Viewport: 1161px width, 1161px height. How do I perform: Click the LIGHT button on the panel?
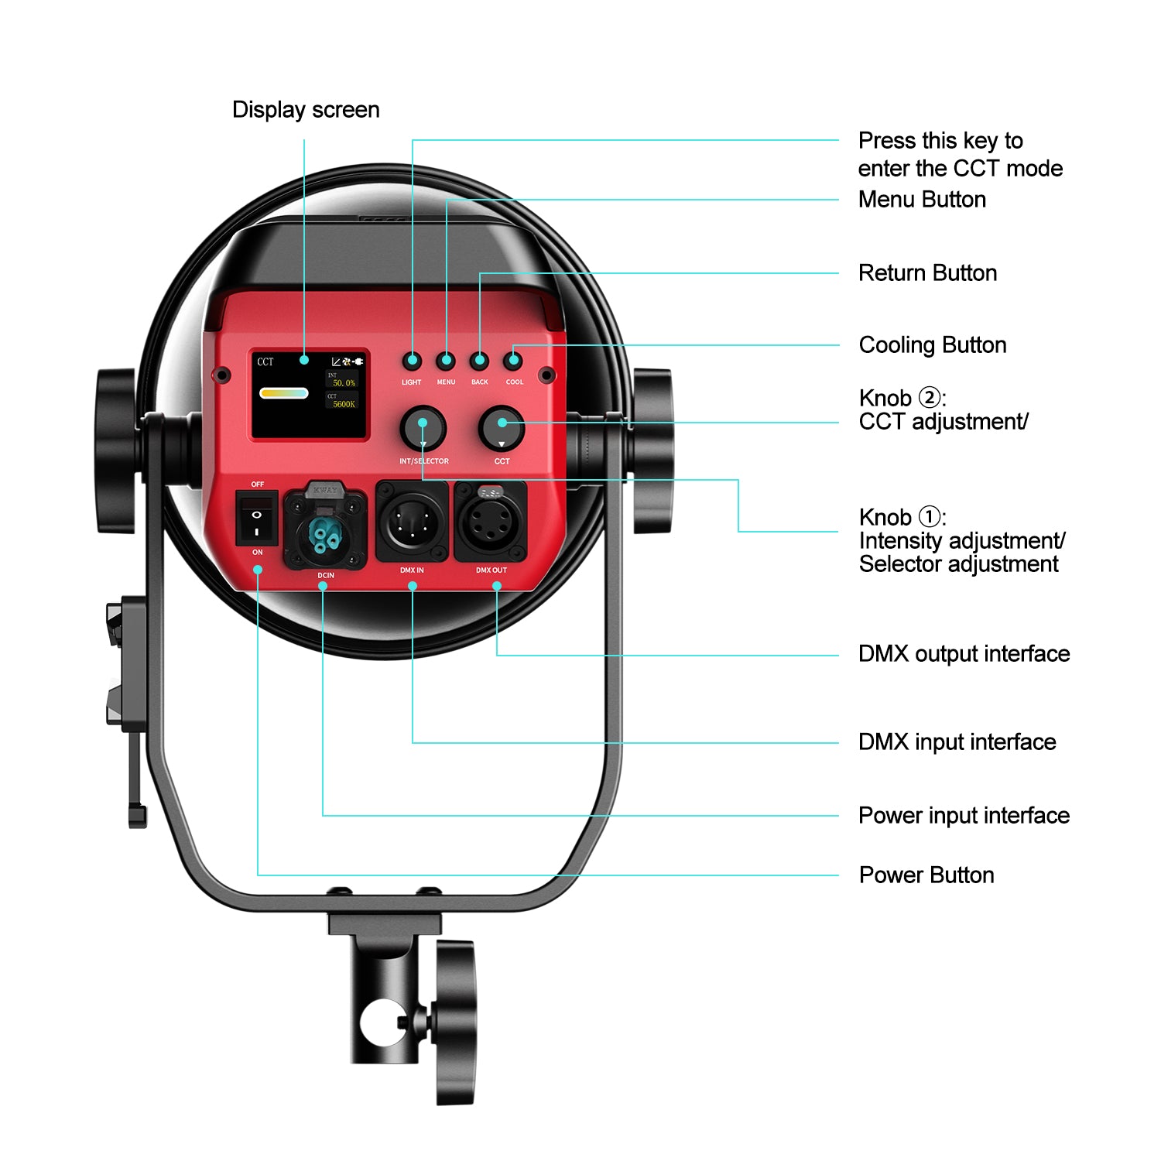click(x=412, y=361)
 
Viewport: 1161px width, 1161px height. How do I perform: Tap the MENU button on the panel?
click(x=446, y=361)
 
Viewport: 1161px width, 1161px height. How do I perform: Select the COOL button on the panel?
click(x=513, y=361)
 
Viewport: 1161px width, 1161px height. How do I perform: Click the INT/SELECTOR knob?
click(x=423, y=427)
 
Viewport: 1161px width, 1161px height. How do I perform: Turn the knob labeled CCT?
click(x=502, y=427)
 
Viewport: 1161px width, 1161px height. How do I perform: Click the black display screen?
click(x=309, y=395)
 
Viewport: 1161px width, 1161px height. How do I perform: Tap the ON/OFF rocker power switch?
click(x=256, y=519)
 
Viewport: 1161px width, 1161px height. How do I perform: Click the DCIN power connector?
click(x=324, y=529)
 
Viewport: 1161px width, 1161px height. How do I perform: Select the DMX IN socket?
click(x=412, y=523)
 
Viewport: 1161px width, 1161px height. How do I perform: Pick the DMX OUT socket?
click(x=491, y=523)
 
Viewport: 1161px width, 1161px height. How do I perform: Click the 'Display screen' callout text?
click(x=306, y=110)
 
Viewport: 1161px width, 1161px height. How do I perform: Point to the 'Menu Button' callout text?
click(x=922, y=200)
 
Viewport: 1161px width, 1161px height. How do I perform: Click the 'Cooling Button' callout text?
click(x=933, y=345)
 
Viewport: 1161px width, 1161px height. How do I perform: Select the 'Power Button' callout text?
click(x=926, y=875)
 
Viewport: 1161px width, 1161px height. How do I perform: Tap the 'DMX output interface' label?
click(x=964, y=654)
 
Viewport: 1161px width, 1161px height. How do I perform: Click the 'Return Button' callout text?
click(x=927, y=273)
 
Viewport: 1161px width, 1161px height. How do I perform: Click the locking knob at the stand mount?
click(x=455, y=1022)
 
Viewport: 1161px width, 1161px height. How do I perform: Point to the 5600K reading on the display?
click(x=344, y=404)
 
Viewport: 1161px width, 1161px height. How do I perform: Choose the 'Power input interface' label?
click(x=964, y=816)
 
